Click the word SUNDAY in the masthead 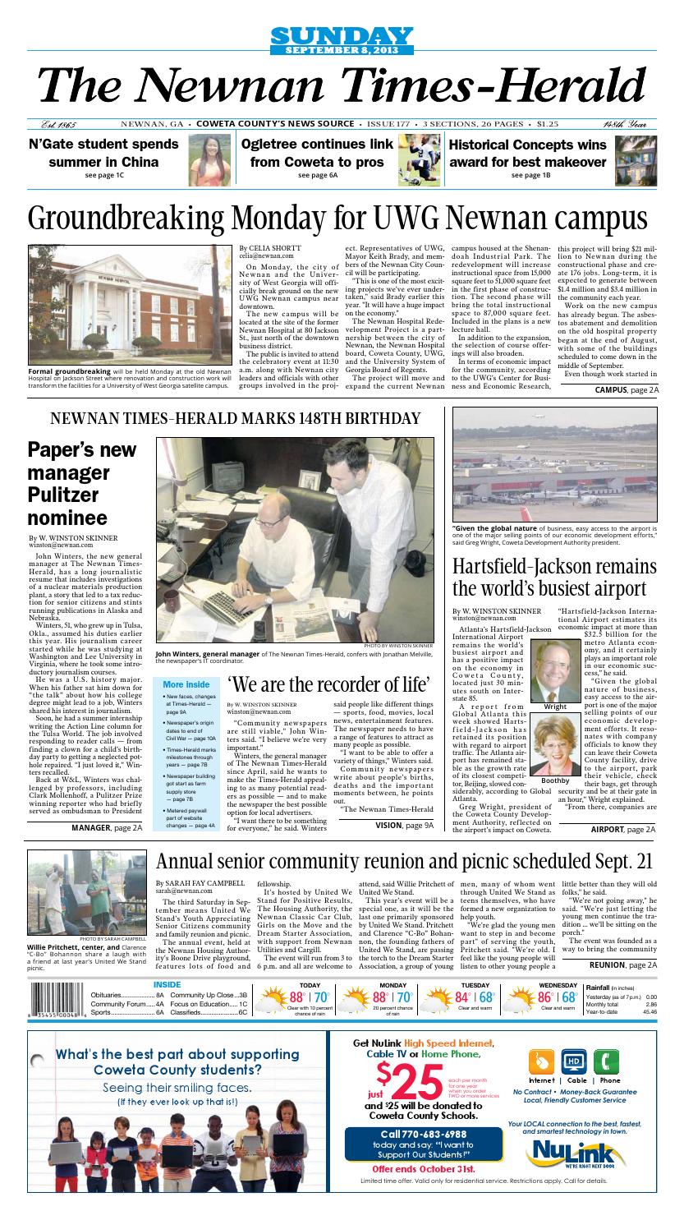[340, 35]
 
